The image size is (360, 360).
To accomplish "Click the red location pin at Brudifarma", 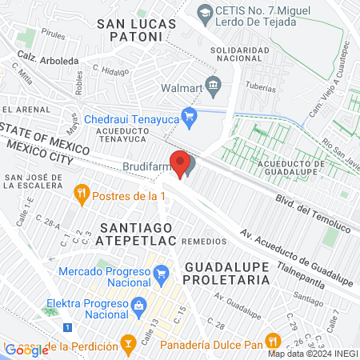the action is click(x=179, y=163).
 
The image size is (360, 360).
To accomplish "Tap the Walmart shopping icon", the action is click(x=214, y=84).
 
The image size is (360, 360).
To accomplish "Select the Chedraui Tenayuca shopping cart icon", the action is click(x=189, y=118).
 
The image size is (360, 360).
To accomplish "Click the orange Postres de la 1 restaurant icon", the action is click(x=81, y=193).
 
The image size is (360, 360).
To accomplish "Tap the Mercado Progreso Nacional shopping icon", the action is click(x=160, y=274).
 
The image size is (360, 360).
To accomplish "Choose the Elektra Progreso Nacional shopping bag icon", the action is click(x=138, y=305).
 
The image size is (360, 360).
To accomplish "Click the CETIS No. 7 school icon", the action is click(x=205, y=12).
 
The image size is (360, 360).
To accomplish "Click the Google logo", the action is click(x=26, y=350).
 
